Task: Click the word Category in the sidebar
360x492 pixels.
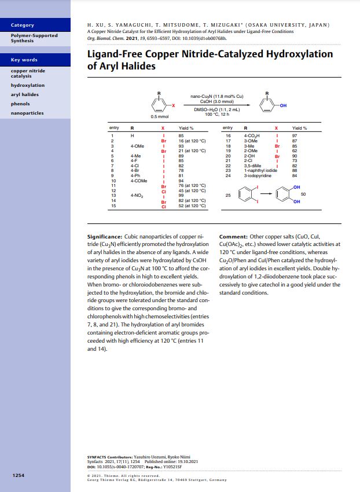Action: tap(23, 25)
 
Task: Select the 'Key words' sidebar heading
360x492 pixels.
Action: tap(24, 60)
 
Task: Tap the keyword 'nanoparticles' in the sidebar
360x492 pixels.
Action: tap(27, 113)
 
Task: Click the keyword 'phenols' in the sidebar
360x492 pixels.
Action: tap(20, 104)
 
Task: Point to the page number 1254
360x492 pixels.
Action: tap(18, 475)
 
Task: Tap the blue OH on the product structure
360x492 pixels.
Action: tap(282, 105)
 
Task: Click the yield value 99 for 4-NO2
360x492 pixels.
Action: tap(181, 196)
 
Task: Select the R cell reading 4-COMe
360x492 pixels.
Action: tap(139, 181)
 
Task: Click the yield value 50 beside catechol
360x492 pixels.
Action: tap(303, 194)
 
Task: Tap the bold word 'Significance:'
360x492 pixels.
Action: tap(104, 237)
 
